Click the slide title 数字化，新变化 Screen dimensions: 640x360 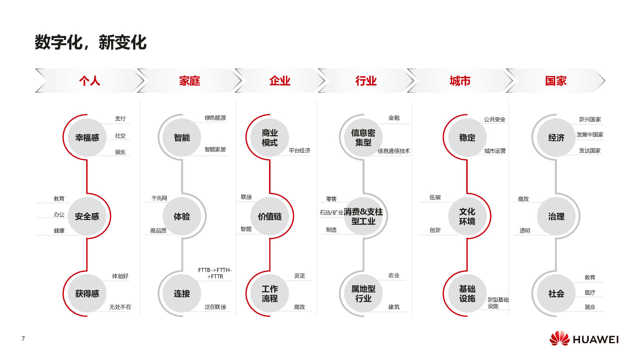coord(91,43)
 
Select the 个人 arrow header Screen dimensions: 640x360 coord(90,81)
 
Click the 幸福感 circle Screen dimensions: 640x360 coord(87,138)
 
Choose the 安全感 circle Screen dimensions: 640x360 coord(87,216)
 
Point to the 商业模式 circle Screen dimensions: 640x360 coord(269,138)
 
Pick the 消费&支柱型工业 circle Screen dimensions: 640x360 coord(363,216)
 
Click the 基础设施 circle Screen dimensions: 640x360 coord(467,293)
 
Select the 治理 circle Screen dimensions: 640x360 coord(556,216)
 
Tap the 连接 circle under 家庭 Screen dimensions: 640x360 coord(182,293)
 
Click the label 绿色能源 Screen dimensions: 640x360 coord(215,118)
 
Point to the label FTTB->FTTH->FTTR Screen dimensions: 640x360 coord(215,273)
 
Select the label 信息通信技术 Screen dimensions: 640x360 coord(393,151)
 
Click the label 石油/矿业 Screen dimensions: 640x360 coord(331,212)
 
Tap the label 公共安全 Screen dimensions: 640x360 coord(494,119)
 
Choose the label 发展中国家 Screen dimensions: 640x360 coord(590,134)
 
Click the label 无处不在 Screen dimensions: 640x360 coord(120,307)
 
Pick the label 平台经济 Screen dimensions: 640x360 coord(299,150)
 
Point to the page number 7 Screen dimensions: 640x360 coord(23,338)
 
